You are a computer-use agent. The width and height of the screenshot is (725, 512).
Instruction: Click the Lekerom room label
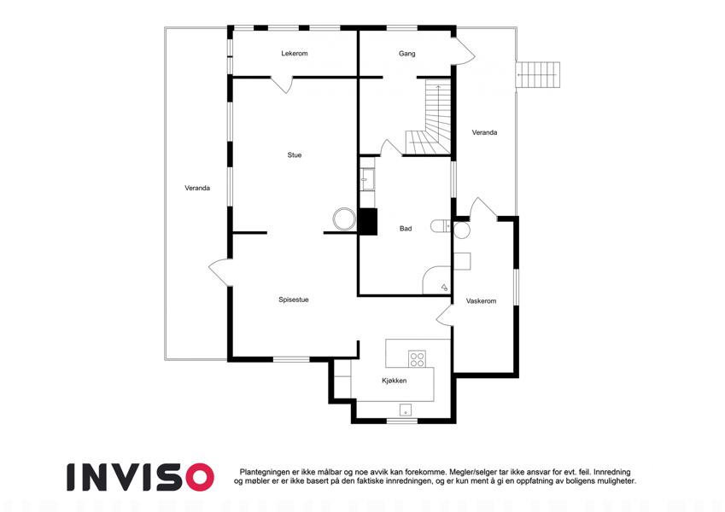(x=294, y=54)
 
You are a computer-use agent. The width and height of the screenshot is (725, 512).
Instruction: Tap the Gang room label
(x=406, y=54)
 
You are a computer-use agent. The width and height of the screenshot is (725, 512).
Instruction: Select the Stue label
(x=294, y=155)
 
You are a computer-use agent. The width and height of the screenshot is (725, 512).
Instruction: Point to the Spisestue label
(x=294, y=300)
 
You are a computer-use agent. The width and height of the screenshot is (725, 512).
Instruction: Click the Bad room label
(x=406, y=229)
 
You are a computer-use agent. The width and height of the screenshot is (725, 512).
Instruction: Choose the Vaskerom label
(x=481, y=301)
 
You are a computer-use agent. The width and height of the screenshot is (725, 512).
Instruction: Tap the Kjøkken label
(x=395, y=381)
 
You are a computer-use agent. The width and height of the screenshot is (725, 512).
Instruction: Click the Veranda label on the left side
(x=197, y=188)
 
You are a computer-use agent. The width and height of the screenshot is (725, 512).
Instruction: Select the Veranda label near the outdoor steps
(x=484, y=132)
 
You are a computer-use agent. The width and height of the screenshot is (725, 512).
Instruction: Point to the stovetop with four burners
(x=417, y=359)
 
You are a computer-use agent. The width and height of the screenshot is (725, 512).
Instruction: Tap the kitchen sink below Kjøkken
(x=406, y=410)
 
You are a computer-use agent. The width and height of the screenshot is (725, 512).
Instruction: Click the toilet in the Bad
(x=441, y=226)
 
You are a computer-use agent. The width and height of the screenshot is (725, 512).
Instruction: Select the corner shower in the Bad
(x=437, y=280)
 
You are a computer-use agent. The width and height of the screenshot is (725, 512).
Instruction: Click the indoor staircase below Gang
(x=428, y=118)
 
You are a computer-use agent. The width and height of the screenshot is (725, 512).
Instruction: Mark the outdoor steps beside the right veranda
(x=538, y=74)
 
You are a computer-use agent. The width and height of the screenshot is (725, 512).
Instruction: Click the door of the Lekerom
(x=282, y=84)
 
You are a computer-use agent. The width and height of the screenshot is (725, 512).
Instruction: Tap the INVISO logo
(x=141, y=477)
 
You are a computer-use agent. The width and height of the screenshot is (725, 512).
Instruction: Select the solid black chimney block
(x=368, y=222)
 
